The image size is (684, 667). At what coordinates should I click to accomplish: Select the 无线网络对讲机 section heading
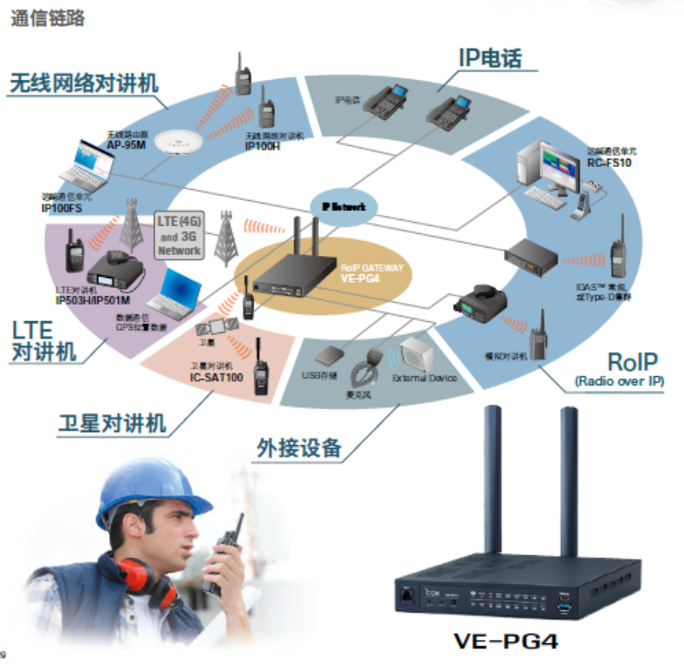pos(83,83)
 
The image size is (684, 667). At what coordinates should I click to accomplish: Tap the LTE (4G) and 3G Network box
pos(180,237)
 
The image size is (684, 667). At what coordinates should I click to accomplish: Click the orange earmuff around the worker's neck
pos(133,573)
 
